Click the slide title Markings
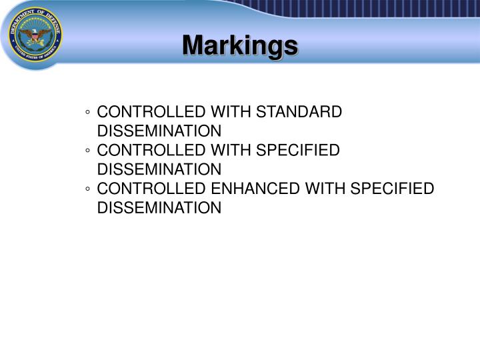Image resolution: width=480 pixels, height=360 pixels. pyautogui.click(x=240, y=45)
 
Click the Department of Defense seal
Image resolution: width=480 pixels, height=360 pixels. pyautogui.click(x=35, y=35)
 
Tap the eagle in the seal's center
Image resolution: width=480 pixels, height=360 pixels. pyautogui.click(x=35, y=35)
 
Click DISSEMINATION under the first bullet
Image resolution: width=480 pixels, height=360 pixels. pyautogui.click(x=159, y=130)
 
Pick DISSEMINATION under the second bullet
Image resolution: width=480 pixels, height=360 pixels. pyautogui.click(x=159, y=169)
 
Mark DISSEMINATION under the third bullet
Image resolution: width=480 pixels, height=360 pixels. pyautogui.click(x=159, y=208)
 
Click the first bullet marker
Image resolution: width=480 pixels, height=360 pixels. pyautogui.click(x=89, y=112)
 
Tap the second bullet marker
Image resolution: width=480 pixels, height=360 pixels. pyautogui.click(x=89, y=151)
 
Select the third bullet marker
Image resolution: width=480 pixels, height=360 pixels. pyautogui.click(x=89, y=189)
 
